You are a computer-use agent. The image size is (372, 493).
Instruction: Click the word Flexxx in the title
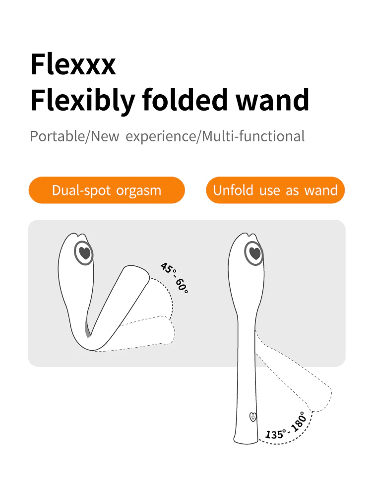[73, 64]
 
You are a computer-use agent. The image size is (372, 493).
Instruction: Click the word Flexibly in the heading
[83, 100]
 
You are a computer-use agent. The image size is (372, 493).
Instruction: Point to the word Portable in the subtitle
[57, 136]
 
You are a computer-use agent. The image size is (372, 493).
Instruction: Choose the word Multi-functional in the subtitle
[253, 136]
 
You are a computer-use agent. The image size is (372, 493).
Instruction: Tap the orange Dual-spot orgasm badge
[107, 190]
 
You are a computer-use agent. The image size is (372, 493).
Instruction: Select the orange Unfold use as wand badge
[275, 190]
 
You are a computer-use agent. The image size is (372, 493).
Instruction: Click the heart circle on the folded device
[84, 253]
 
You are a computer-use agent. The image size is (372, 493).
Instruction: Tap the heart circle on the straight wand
[254, 253]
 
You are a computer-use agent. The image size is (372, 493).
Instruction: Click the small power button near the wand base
[253, 417]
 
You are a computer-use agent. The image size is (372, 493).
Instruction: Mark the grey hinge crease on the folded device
[88, 329]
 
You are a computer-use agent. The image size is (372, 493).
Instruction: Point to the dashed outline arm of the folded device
[148, 333]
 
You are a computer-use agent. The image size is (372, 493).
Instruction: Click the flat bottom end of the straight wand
[246, 441]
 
